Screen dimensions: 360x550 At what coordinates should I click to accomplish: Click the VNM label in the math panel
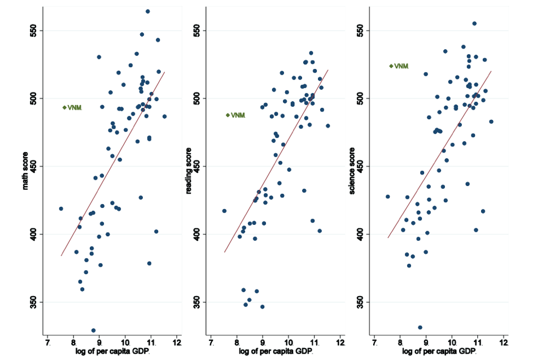tap(75, 107)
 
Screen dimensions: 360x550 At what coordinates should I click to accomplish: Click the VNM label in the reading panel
tap(238, 115)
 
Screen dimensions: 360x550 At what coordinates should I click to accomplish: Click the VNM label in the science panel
tap(401, 66)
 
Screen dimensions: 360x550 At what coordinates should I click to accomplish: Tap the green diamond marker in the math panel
tap(64, 107)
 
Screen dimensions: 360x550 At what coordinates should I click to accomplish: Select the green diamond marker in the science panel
tap(391, 66)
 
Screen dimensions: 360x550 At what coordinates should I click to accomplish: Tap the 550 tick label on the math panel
tap(35, 30)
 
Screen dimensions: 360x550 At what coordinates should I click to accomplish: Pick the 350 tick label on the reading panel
tap(199, 302)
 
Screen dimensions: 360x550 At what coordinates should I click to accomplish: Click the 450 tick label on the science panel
tap(362, 166)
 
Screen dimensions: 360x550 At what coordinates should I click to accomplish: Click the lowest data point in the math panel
tap(93, 331)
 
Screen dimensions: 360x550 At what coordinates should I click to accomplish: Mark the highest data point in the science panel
tap(474, 24)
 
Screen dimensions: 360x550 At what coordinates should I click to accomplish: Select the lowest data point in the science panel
tap(420, 327)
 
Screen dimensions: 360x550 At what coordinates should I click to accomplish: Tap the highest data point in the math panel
tap(148, 11)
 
